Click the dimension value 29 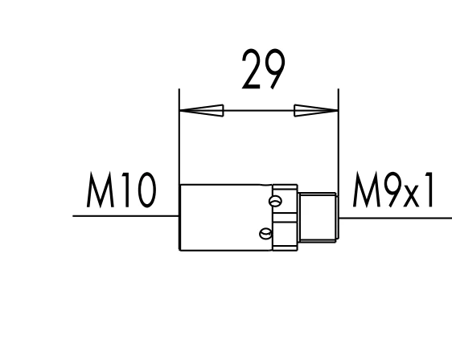[x=264, y=69]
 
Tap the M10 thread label [x=121, y=190]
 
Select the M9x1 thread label [x=393, y=190]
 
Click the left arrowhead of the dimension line [x=202, y=111]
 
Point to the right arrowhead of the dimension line [x=316, y=111]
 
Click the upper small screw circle [x=275, y=201]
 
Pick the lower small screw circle [x=265, y=234]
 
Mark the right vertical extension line [x=338, y=141]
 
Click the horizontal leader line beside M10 [x=125, y=215]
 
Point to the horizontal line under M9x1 [x=396, y=218]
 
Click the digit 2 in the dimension [x=252, y=69]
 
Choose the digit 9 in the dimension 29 [x=275, y=69]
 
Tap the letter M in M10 [x=100, y=190]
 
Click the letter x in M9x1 [x=411, y=197]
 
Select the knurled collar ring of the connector [x=285, y=218]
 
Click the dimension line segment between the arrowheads [x=259, y=111]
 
